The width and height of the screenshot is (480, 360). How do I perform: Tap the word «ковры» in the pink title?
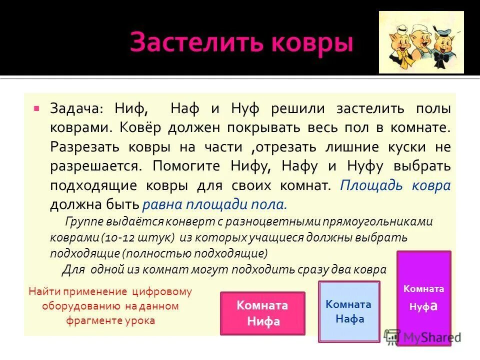308,43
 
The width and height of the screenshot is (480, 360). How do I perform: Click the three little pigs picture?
421,42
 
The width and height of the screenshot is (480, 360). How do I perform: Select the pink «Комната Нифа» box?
262,313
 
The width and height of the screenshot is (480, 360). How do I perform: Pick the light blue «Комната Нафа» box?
349,311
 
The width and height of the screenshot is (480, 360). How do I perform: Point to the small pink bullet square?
36,107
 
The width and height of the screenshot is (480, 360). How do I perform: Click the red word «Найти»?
43,292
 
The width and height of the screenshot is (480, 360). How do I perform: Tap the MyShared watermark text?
430,337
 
